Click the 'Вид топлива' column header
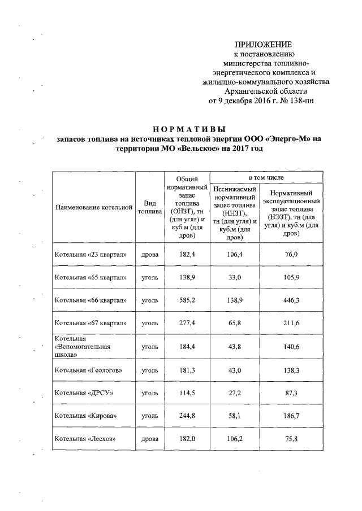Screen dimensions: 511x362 (149, 207)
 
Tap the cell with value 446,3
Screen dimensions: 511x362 (291, 300)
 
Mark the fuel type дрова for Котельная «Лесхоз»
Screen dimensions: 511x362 (149, 438)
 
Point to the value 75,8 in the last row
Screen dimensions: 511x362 (291, 438)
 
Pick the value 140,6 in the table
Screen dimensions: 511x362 (291, 346)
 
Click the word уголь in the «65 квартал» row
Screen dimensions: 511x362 (149, 278)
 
